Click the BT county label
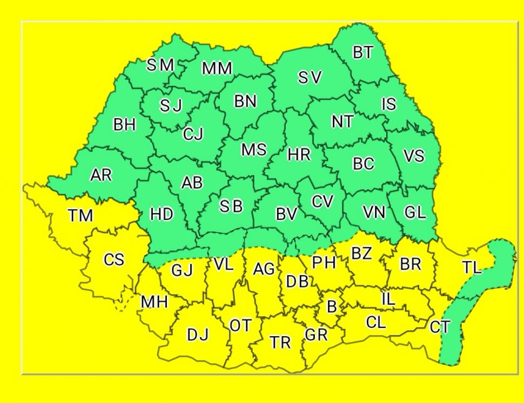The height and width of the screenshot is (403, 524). click(x=363, y=52)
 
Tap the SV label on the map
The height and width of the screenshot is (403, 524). click(x=310, y=78)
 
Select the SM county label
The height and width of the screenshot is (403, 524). click(x=160, y=65)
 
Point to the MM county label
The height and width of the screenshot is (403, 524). click(x=217, y=69)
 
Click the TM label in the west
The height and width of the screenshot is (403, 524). click(x=80, y=216)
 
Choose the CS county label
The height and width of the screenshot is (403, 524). click(x=113, y=260)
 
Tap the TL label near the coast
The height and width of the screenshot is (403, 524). click(x=471, y=267)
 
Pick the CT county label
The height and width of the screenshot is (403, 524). click(x=439, y=326)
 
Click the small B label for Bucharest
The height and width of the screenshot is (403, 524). click(x=332, y=307)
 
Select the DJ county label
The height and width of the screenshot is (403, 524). click(x=197, y=335)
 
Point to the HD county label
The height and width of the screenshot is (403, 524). click(x=162, y=214)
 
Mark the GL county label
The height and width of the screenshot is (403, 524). click(x=415, y=213)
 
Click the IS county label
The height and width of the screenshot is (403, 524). click(x=388, y=104)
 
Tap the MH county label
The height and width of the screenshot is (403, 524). click(x=154, y=302)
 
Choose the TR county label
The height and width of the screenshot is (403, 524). click(x=280, y=342)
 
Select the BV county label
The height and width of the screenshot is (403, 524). click(x=286, y=214)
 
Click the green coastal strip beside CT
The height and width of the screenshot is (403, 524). click(x=454, y=334)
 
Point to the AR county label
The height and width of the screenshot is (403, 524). click(x=101, y=175)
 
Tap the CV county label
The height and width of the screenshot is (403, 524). click(x=323, y=201)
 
